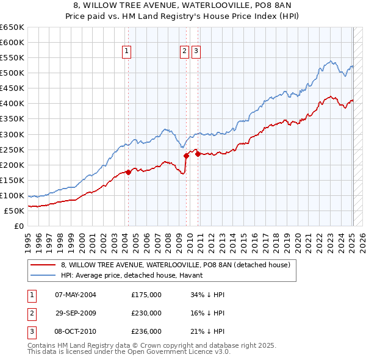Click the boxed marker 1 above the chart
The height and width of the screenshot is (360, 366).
point(127,52)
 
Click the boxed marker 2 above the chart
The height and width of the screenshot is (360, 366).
point(184,52)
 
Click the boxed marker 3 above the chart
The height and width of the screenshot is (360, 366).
point(195,52)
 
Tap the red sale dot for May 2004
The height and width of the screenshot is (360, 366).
point(128,172)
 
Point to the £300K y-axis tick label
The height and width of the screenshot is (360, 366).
point(12,134)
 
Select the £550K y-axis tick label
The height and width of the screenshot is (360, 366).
point(12,57)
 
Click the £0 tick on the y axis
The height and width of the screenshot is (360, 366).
point(19,226)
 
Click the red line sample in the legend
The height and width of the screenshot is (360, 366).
point(43,265)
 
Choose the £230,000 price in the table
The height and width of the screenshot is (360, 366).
point(146,313)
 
